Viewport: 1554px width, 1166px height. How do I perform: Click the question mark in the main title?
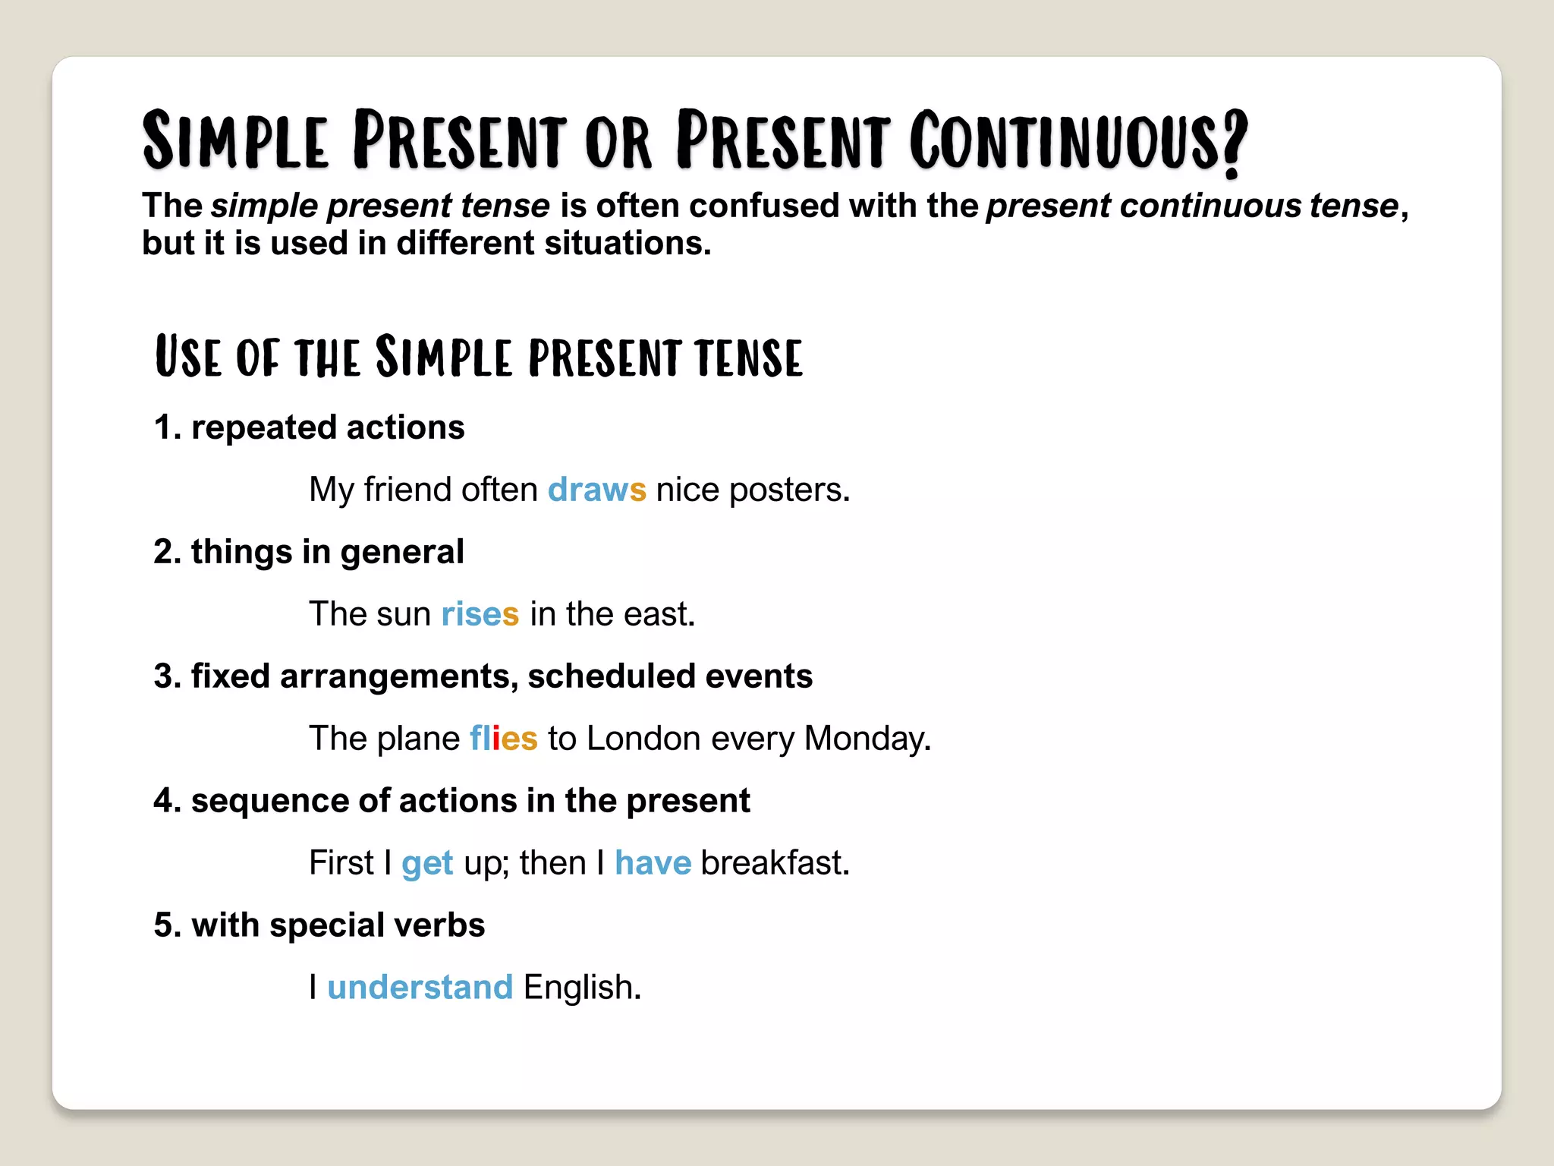(x=1234, y=143)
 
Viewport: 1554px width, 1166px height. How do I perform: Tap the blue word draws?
(x=596, y=490)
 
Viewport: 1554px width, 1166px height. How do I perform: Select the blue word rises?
(x=480, y=614)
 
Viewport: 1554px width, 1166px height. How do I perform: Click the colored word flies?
(x=503, y=739)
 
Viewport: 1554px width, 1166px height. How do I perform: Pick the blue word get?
(x=427, y=864)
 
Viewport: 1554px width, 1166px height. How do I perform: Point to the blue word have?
(x=653, y=863)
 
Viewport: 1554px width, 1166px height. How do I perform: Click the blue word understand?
(x=420, y=988)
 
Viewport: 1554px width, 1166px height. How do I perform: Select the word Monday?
(x=867, y=739)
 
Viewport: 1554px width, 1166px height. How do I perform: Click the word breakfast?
(x=774, y=863)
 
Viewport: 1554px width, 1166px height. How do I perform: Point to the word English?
(x=581, y=988)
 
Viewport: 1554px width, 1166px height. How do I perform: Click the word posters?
(x=788, y=490)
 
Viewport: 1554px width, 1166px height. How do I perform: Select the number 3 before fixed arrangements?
(x=163, y=676)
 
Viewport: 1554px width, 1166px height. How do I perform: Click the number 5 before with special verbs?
(x=163, y=925)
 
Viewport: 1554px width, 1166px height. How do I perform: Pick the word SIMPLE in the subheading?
(x=443, y=357)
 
